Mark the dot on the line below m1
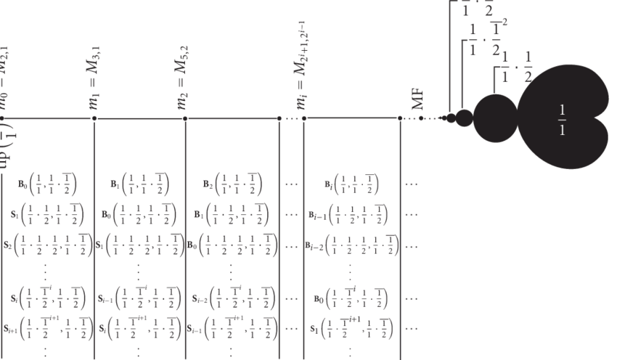click(x=94, y=118)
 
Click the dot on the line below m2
click(x=185, y=118)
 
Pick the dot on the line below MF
click(x=400, y=118)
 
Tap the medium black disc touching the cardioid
click(x=495, y=114)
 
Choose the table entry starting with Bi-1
click(x=350, y=214)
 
